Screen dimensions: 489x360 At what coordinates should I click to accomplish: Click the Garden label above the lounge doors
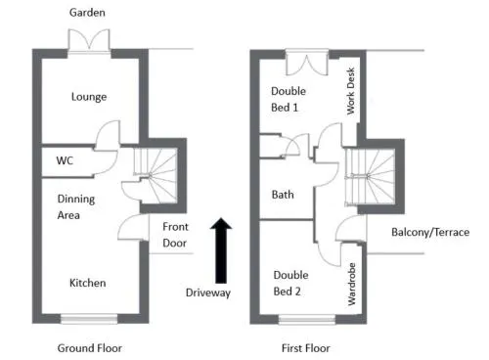[87, 13]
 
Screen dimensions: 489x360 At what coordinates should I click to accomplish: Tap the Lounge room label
[89, 97]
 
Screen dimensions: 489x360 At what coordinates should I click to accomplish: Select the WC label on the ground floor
[65, 160]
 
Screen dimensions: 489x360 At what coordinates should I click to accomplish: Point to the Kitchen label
[88, 283]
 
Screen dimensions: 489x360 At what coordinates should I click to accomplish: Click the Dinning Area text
[76, 207]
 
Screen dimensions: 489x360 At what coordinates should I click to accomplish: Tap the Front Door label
[175, 235]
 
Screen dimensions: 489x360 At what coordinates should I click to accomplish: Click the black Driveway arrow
[221, 250]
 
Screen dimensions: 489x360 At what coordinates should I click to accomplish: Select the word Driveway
[208, 292]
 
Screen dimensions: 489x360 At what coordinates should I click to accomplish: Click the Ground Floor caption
[90, 348]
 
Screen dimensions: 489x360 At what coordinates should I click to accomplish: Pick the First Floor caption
[306, 348]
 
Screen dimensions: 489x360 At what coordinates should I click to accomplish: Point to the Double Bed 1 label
[289, 99]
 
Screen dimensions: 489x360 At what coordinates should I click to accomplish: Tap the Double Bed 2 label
[290, 283]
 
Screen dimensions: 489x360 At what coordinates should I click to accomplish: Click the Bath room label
[283, 195]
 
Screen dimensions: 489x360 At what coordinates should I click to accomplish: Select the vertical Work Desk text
[351, 91]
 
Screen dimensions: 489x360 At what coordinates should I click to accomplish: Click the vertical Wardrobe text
[352, 284]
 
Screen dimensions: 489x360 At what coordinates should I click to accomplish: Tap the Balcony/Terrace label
[430, 232]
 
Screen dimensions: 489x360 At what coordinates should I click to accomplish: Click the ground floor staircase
[156, 175]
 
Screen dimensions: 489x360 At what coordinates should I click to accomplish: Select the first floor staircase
[370, 176]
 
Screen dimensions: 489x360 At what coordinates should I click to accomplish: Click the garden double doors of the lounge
[89, 40]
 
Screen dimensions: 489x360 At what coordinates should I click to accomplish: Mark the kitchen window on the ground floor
[89, 319]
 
